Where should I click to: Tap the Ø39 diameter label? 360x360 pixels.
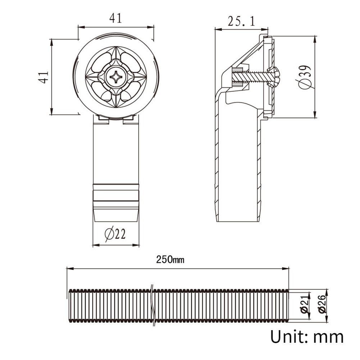point(305,77)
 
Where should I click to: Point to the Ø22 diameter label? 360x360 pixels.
point(115,234)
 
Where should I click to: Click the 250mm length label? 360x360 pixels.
point(170,260)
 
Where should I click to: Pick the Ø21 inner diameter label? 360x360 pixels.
point(305,306)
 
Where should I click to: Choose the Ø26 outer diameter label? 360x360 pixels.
point(322,304)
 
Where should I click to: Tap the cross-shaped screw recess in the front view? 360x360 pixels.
point(115,77)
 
